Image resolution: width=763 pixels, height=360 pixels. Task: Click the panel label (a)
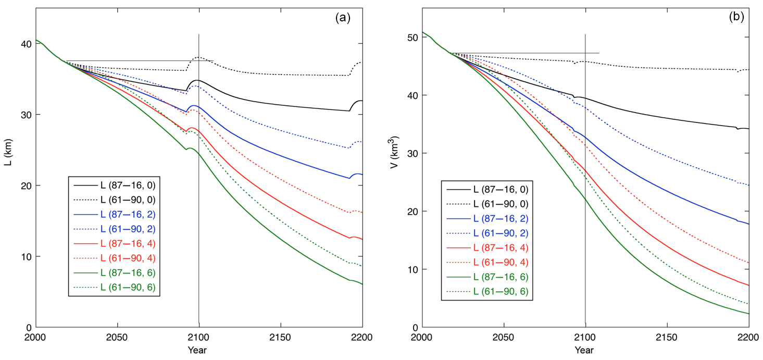(x=343, y=18)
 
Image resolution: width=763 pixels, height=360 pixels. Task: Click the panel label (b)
(x=736, y=17)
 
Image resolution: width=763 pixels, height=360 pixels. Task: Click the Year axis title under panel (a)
(x=198, y=350)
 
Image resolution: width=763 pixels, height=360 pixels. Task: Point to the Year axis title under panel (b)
(x=585, y=350)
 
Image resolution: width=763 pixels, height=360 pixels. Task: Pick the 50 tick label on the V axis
(x=412, y=38)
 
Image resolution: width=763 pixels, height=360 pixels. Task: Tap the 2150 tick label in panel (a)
(x=280, y=337)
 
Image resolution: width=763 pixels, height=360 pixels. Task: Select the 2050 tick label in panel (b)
(x=504, y=337)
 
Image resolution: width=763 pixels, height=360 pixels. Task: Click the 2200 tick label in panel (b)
(x=748, y=337)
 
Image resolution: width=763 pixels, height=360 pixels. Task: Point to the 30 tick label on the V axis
(x=412, y=153)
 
